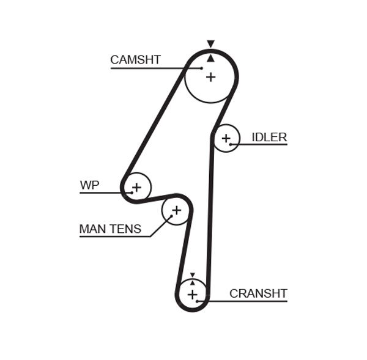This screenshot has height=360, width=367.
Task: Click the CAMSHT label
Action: tap(135, 60)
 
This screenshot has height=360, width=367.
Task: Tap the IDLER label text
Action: tap(269, 137)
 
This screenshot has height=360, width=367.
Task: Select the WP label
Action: tap(89, 185)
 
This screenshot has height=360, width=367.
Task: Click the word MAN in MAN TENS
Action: tap(93, 229)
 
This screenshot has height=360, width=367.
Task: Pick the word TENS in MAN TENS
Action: tap(125, 229)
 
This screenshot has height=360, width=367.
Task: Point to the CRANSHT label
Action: tap(258, 293)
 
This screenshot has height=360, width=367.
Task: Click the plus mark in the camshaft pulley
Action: tap(210, 77)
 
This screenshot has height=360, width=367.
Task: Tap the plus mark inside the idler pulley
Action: tap(226, 139)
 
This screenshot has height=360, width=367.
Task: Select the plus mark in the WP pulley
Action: tap(136, 186)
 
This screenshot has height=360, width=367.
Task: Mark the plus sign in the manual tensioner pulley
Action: tap(176, 211)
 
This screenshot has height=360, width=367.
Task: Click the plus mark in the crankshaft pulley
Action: tap(193, 295)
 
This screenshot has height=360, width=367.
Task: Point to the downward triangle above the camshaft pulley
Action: tap(210, 44)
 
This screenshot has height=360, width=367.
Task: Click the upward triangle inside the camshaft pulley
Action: tap(210, 58)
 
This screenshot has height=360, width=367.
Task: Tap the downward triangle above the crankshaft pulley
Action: tap(193, 275)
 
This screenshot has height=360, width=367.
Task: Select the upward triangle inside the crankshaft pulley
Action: tap(193, 283)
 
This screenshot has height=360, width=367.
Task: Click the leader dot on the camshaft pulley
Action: tap(201, 68)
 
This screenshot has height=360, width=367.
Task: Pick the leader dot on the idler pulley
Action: tap(231, 144)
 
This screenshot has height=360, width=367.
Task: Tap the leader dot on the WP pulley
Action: tap(131, 193)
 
